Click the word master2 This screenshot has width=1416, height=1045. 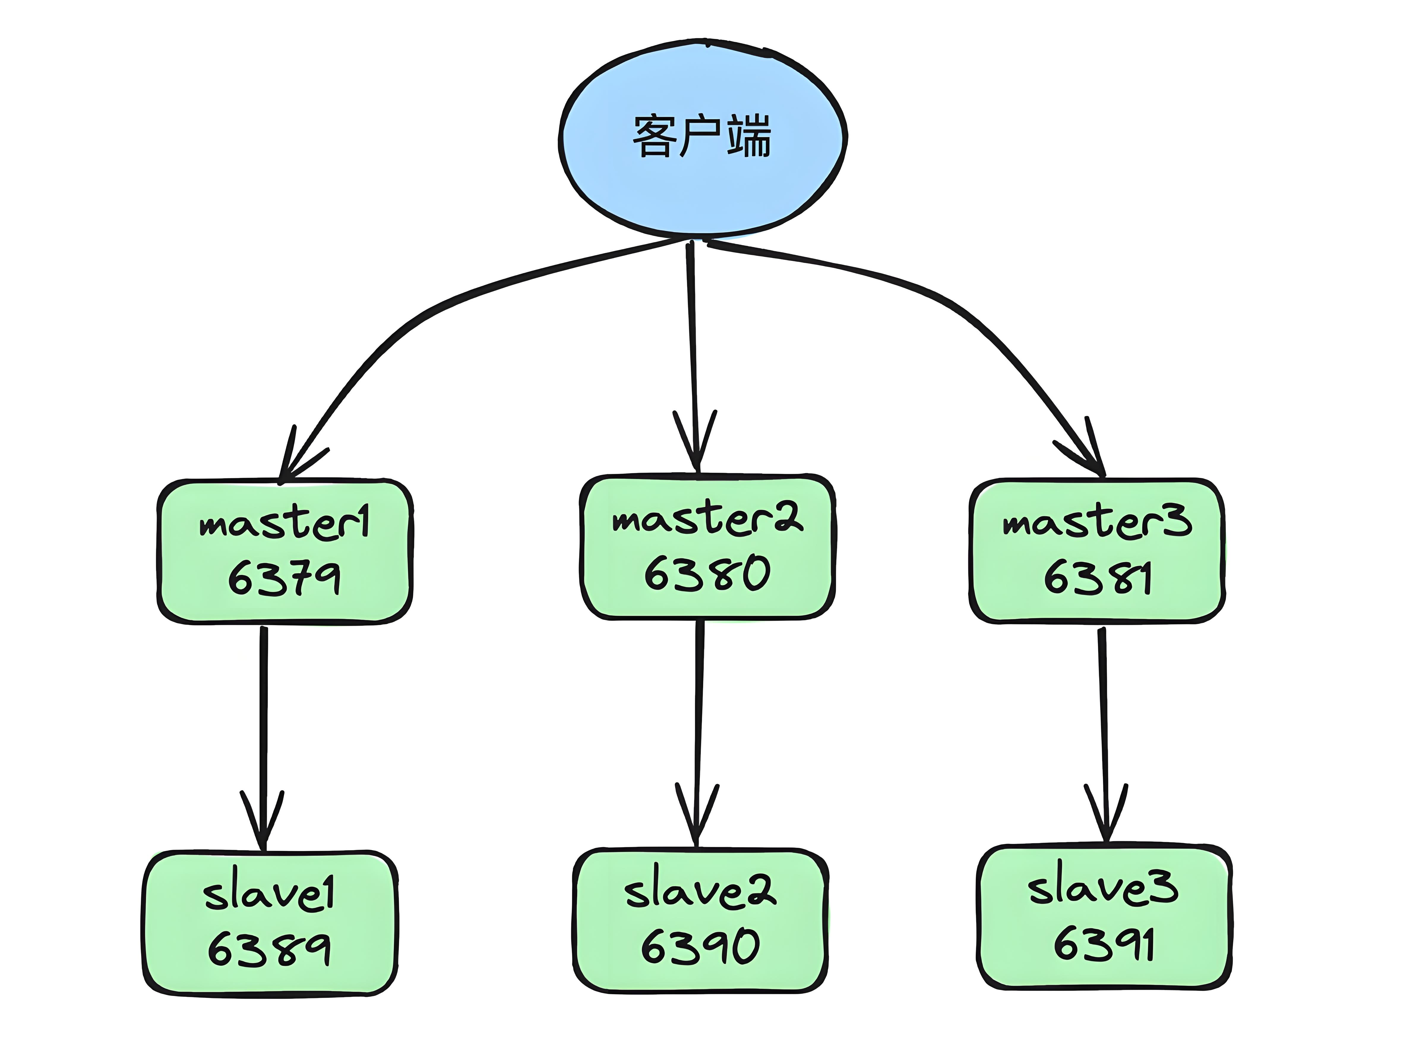[x=707, y=519]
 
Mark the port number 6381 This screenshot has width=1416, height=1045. [x=1096, y=577]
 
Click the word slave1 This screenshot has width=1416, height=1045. [x=269, y=894]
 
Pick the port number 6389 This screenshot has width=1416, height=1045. [x=269, y=949]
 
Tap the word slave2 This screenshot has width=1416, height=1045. [x=700, y=891]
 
